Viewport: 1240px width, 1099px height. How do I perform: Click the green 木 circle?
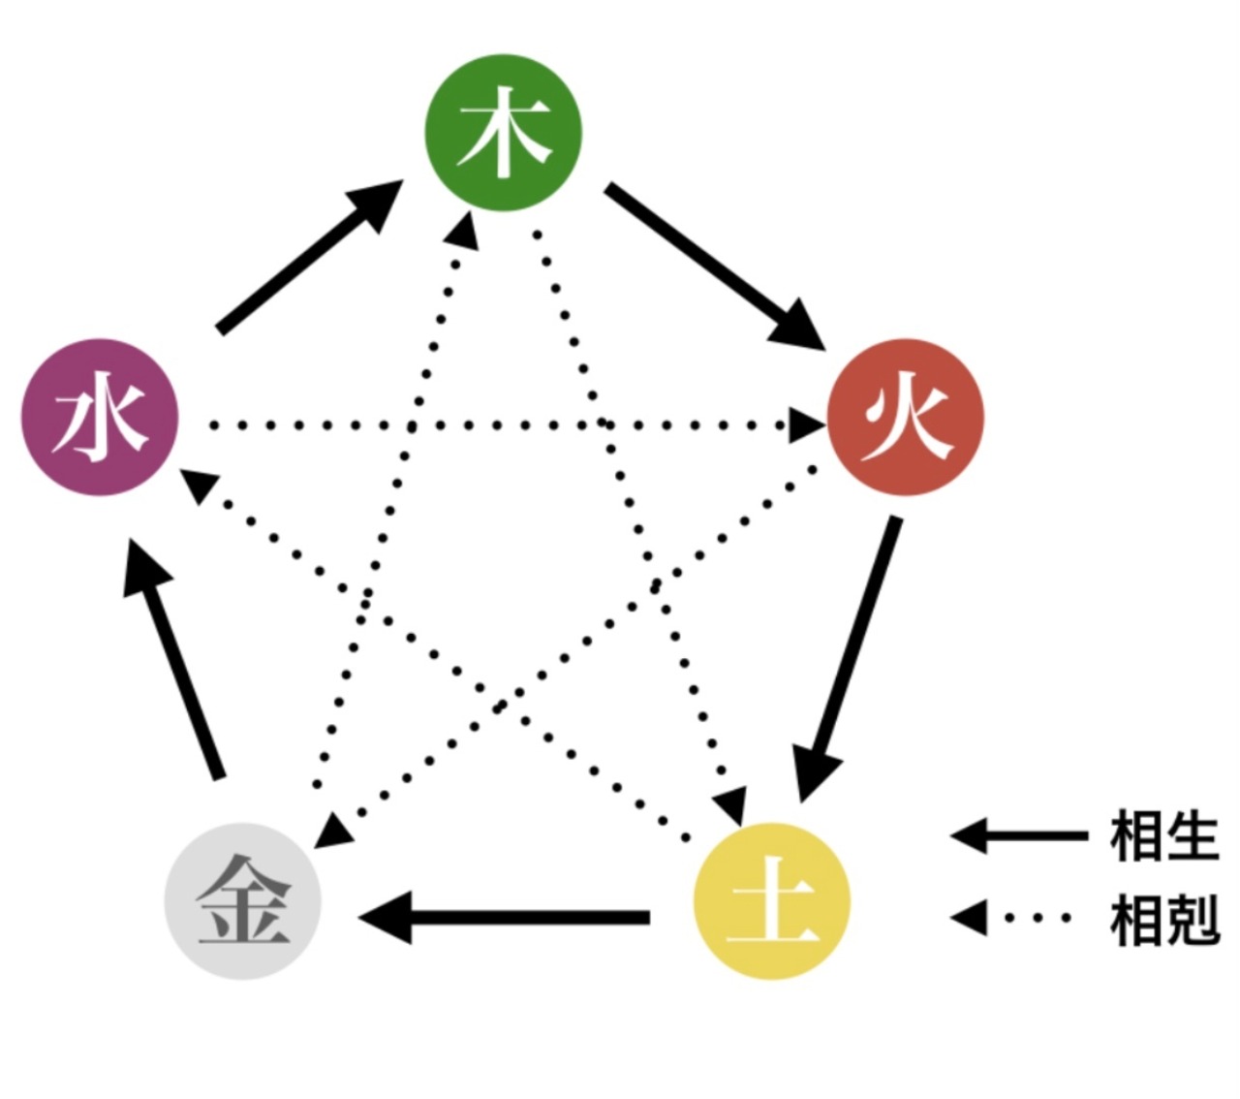(x=504, y=132)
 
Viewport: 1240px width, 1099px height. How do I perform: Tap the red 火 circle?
(x=906, y=418)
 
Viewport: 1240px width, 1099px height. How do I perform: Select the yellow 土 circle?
(x=772, y=901)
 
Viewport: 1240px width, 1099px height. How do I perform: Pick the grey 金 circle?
(x=242, y=901)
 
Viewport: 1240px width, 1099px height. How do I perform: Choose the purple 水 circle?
(x=100, y=418)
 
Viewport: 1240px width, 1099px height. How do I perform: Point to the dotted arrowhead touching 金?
(x=332, y=829)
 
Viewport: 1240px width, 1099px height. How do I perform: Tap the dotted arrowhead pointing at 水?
(x=200, y=484)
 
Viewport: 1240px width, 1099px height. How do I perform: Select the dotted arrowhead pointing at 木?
(x=465, y=229)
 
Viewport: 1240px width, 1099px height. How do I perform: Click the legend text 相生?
(x=1163, y=836)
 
